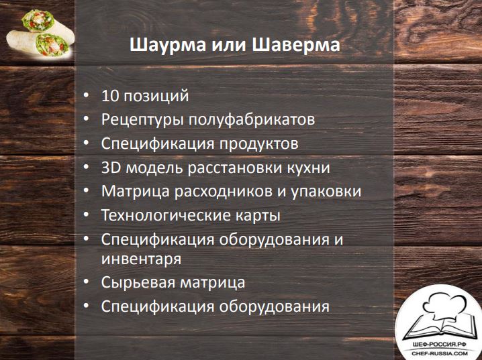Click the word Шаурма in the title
click(x=168, y=45)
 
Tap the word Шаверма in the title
click(x=296, y=44)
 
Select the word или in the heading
click(x=229, y=45)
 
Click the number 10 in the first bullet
click(x=110, y=96)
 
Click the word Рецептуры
click(x=142, y=120)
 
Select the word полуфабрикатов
click(x=252, y=120)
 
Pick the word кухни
click(x=308, y=168)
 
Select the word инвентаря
click(x=142, y=259)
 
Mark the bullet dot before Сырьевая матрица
click(x=87, y=281)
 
